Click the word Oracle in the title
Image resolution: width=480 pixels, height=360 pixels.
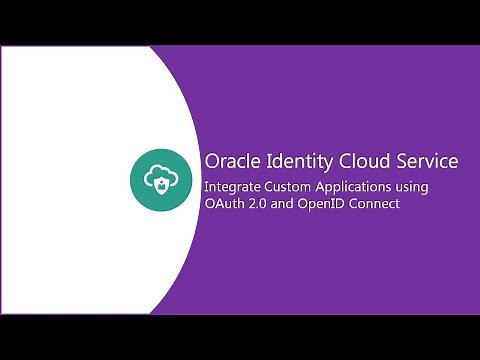tap(229, 160)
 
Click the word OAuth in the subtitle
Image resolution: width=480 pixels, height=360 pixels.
tap(223, 204)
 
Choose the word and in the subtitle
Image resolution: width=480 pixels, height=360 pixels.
tap(284, 204)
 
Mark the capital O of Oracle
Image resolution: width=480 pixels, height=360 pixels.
tap(211, 160)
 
